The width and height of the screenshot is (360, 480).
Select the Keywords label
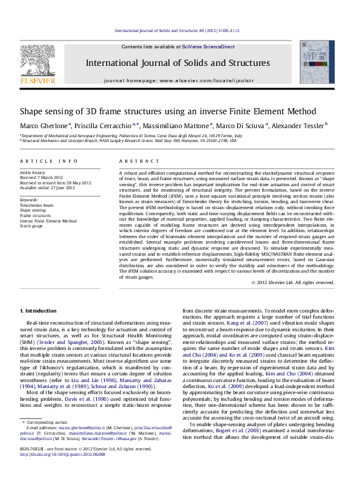coord(29,199)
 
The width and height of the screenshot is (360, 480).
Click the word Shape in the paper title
coord(33,111)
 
